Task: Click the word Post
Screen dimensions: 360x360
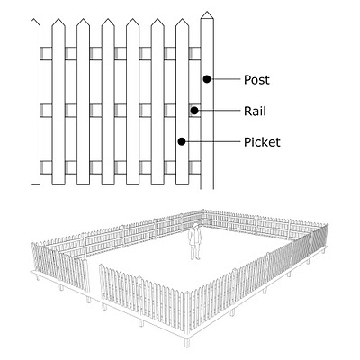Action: (x=256, y=80)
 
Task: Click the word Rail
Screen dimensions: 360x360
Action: (x=255, y=112)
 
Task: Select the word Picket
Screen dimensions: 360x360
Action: (x=262, y=142)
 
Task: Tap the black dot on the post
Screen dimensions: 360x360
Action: (x=207, y=79)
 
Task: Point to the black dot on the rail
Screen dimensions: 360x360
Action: (x=194, y=111)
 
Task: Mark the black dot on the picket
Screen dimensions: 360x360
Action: (x=182, y=141)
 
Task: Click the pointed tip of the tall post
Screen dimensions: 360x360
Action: (x=207, y=12)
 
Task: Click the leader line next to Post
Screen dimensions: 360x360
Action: (x=226, y=79)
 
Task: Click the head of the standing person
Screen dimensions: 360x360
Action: (x=196, y=226)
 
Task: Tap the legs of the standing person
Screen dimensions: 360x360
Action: (x=195, y=252)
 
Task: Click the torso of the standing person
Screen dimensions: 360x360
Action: (x=195, y=237)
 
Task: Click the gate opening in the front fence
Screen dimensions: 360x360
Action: (x=94, y=277)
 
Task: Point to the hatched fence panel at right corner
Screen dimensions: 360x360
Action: (x=319, y=239)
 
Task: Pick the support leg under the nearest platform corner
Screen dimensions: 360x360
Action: (x=186, y=341)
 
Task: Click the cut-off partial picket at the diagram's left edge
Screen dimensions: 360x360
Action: (x=36, y=102)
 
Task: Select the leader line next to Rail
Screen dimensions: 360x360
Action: (x=220, y=111)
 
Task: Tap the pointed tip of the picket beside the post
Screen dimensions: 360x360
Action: (x=182, y=19)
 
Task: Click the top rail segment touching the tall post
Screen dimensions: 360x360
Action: (x=194, y=53)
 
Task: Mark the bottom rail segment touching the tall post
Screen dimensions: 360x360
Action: (x=194, y=167)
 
